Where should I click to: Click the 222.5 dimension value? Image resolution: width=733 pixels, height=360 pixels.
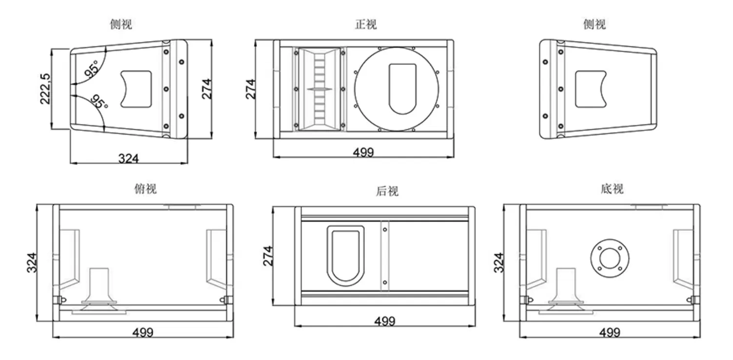click(45, 89)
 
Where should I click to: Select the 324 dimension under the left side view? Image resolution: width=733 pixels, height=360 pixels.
click(129, 158)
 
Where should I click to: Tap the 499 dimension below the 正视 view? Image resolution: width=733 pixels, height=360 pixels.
click(363, 152)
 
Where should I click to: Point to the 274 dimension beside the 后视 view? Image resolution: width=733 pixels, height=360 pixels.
click(267, 256)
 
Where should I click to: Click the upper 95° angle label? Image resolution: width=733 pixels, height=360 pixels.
click(91, 69)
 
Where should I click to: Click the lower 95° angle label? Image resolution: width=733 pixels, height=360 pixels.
click(99, 101)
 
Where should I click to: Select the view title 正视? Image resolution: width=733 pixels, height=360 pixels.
click(365, 24)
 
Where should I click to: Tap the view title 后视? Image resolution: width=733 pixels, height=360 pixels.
click(387, 191)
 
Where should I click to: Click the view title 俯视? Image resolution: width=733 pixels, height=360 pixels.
click(145, 189)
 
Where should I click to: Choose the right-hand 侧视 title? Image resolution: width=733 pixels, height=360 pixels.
click(594, 24)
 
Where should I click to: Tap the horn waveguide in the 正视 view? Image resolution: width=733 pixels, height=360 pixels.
click(318, 89)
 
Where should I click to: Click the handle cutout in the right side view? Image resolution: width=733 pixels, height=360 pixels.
click(592, 89)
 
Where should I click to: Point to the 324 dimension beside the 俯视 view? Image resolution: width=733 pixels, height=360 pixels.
click(31, 262)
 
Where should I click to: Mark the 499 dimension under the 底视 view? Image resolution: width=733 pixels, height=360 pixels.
click(609, 332)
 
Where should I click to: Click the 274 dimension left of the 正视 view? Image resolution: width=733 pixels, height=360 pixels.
click(250, 89)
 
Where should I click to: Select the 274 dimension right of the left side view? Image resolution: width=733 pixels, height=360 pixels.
click(207, 89)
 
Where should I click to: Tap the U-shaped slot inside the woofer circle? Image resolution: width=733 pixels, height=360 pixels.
click(403, 89)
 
